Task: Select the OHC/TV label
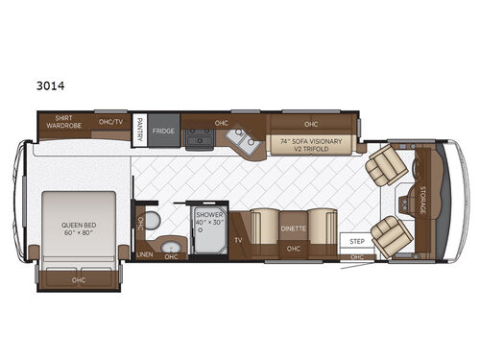point(112,123)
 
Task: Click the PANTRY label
point(139,130)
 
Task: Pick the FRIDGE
point(162,132)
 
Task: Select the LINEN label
point(145,254)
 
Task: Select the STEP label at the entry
point(357,241)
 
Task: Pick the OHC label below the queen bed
point(78,279)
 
